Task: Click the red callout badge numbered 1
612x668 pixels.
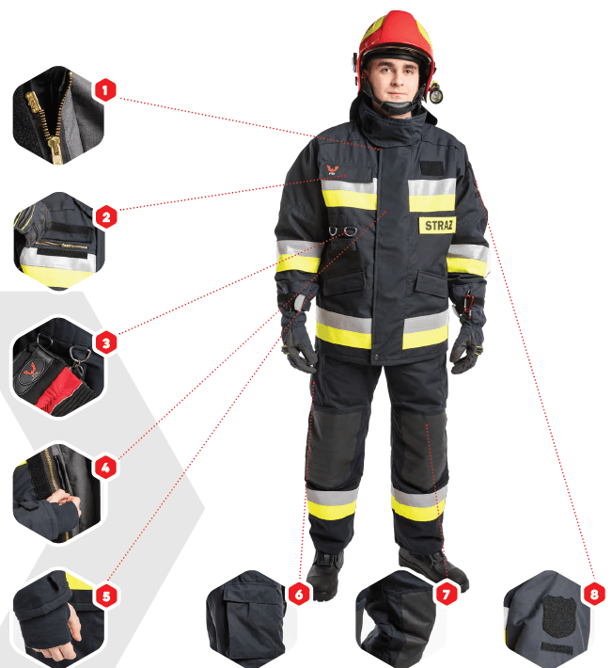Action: click(x=105, y=90)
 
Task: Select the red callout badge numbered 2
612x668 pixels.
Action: click(x=106, y=216)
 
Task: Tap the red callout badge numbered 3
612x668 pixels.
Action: click(x=106, y=343)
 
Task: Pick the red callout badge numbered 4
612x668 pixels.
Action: click(x=105, y=468)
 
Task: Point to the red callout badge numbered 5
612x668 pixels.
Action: click(x=106, y=596)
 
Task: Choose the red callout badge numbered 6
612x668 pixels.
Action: click(x=299, y=594)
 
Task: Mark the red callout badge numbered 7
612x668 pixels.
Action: click(x=446, y=594)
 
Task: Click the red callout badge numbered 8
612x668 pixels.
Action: click(x=594, y=593)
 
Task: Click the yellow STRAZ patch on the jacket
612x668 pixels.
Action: click(x=437, y=226)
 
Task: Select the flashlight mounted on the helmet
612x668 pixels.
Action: click(x=435, y=92)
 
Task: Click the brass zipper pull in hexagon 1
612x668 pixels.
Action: click(x=55, y=151)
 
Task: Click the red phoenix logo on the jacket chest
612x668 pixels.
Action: click(x=332, y=169)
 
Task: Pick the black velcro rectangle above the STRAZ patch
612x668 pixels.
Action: click(x=432, y=167)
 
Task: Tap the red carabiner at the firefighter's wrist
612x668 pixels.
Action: click(x=469, y=302)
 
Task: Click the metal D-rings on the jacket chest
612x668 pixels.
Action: click(x=343, y=231)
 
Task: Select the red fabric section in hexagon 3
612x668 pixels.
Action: click(x=56, y=389)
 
